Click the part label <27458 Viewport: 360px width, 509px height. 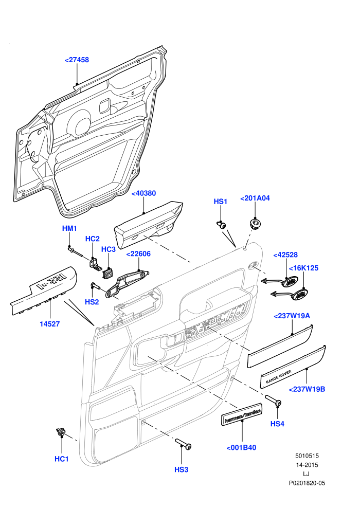(77, 60)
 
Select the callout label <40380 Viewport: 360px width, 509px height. (143, 193)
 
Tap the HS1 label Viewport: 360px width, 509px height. (221, 202)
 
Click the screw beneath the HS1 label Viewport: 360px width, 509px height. (222, 225)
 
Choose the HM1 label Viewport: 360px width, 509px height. (69, 228)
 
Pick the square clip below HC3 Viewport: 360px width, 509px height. (108, 273)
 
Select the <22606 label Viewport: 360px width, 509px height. (138, 254)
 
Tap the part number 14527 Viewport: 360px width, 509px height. (50, 324)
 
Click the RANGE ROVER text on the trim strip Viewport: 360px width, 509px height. (278, 376)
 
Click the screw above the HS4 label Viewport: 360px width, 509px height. (274, 400)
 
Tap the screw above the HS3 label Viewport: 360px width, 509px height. (184, 444)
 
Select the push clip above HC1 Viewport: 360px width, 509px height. (61, 432)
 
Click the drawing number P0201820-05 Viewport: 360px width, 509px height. (307, 483)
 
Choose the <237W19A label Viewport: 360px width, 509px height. (292, 316)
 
